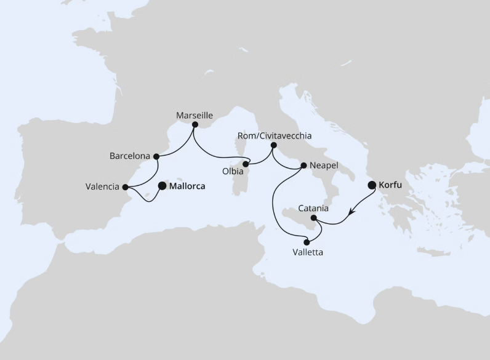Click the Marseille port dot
(195, 125)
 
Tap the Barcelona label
(130, 156)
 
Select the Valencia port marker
(125, 187)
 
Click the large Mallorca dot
(163, 185)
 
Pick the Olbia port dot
(246, 164)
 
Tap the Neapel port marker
(303, 166)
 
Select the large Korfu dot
(372, 185)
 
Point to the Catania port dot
(314, 218)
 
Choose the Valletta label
(307, 252)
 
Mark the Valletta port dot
(307, 242)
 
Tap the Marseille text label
(195, 115)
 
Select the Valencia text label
(103, 187)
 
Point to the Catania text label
(313, 208)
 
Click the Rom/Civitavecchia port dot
(274, 145)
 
